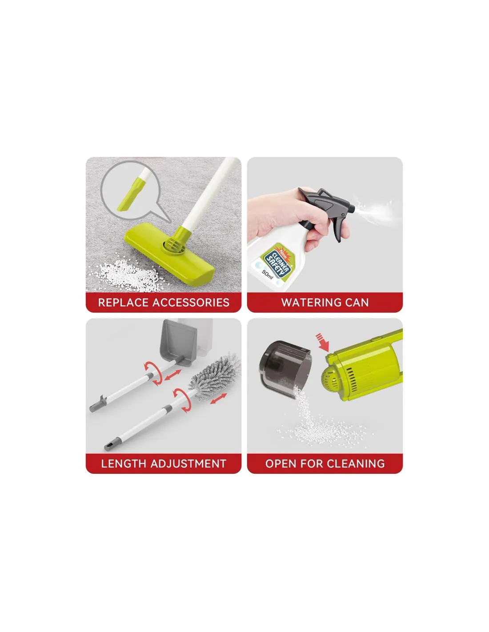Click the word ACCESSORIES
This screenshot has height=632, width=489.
click(x=191, y=302)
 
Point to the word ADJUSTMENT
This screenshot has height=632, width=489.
click(x=188, y=464)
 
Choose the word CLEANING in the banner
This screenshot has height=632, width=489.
click(x=355, y=464)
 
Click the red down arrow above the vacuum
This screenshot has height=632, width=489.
click(x=323, y=342)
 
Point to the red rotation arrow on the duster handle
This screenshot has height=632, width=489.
click(x=183, y=400)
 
